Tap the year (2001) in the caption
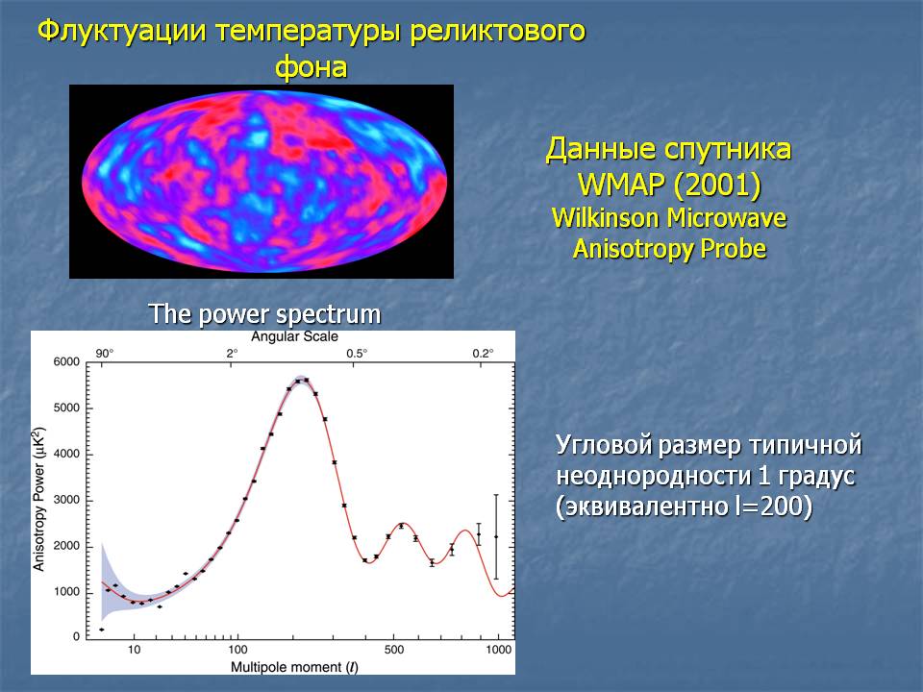717,185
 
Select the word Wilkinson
605,218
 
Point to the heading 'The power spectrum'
264,314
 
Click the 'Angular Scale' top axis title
294,336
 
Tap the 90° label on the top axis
105,353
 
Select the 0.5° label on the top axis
357,353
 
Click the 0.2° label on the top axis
483,353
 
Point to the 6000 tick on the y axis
66,362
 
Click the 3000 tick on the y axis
66,500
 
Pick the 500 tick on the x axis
394,650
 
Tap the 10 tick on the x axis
135,650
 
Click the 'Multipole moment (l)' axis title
294,667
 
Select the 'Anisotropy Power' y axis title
38,499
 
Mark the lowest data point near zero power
102,630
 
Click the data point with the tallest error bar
496,536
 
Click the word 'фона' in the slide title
312,67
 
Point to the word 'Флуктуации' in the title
122,31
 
